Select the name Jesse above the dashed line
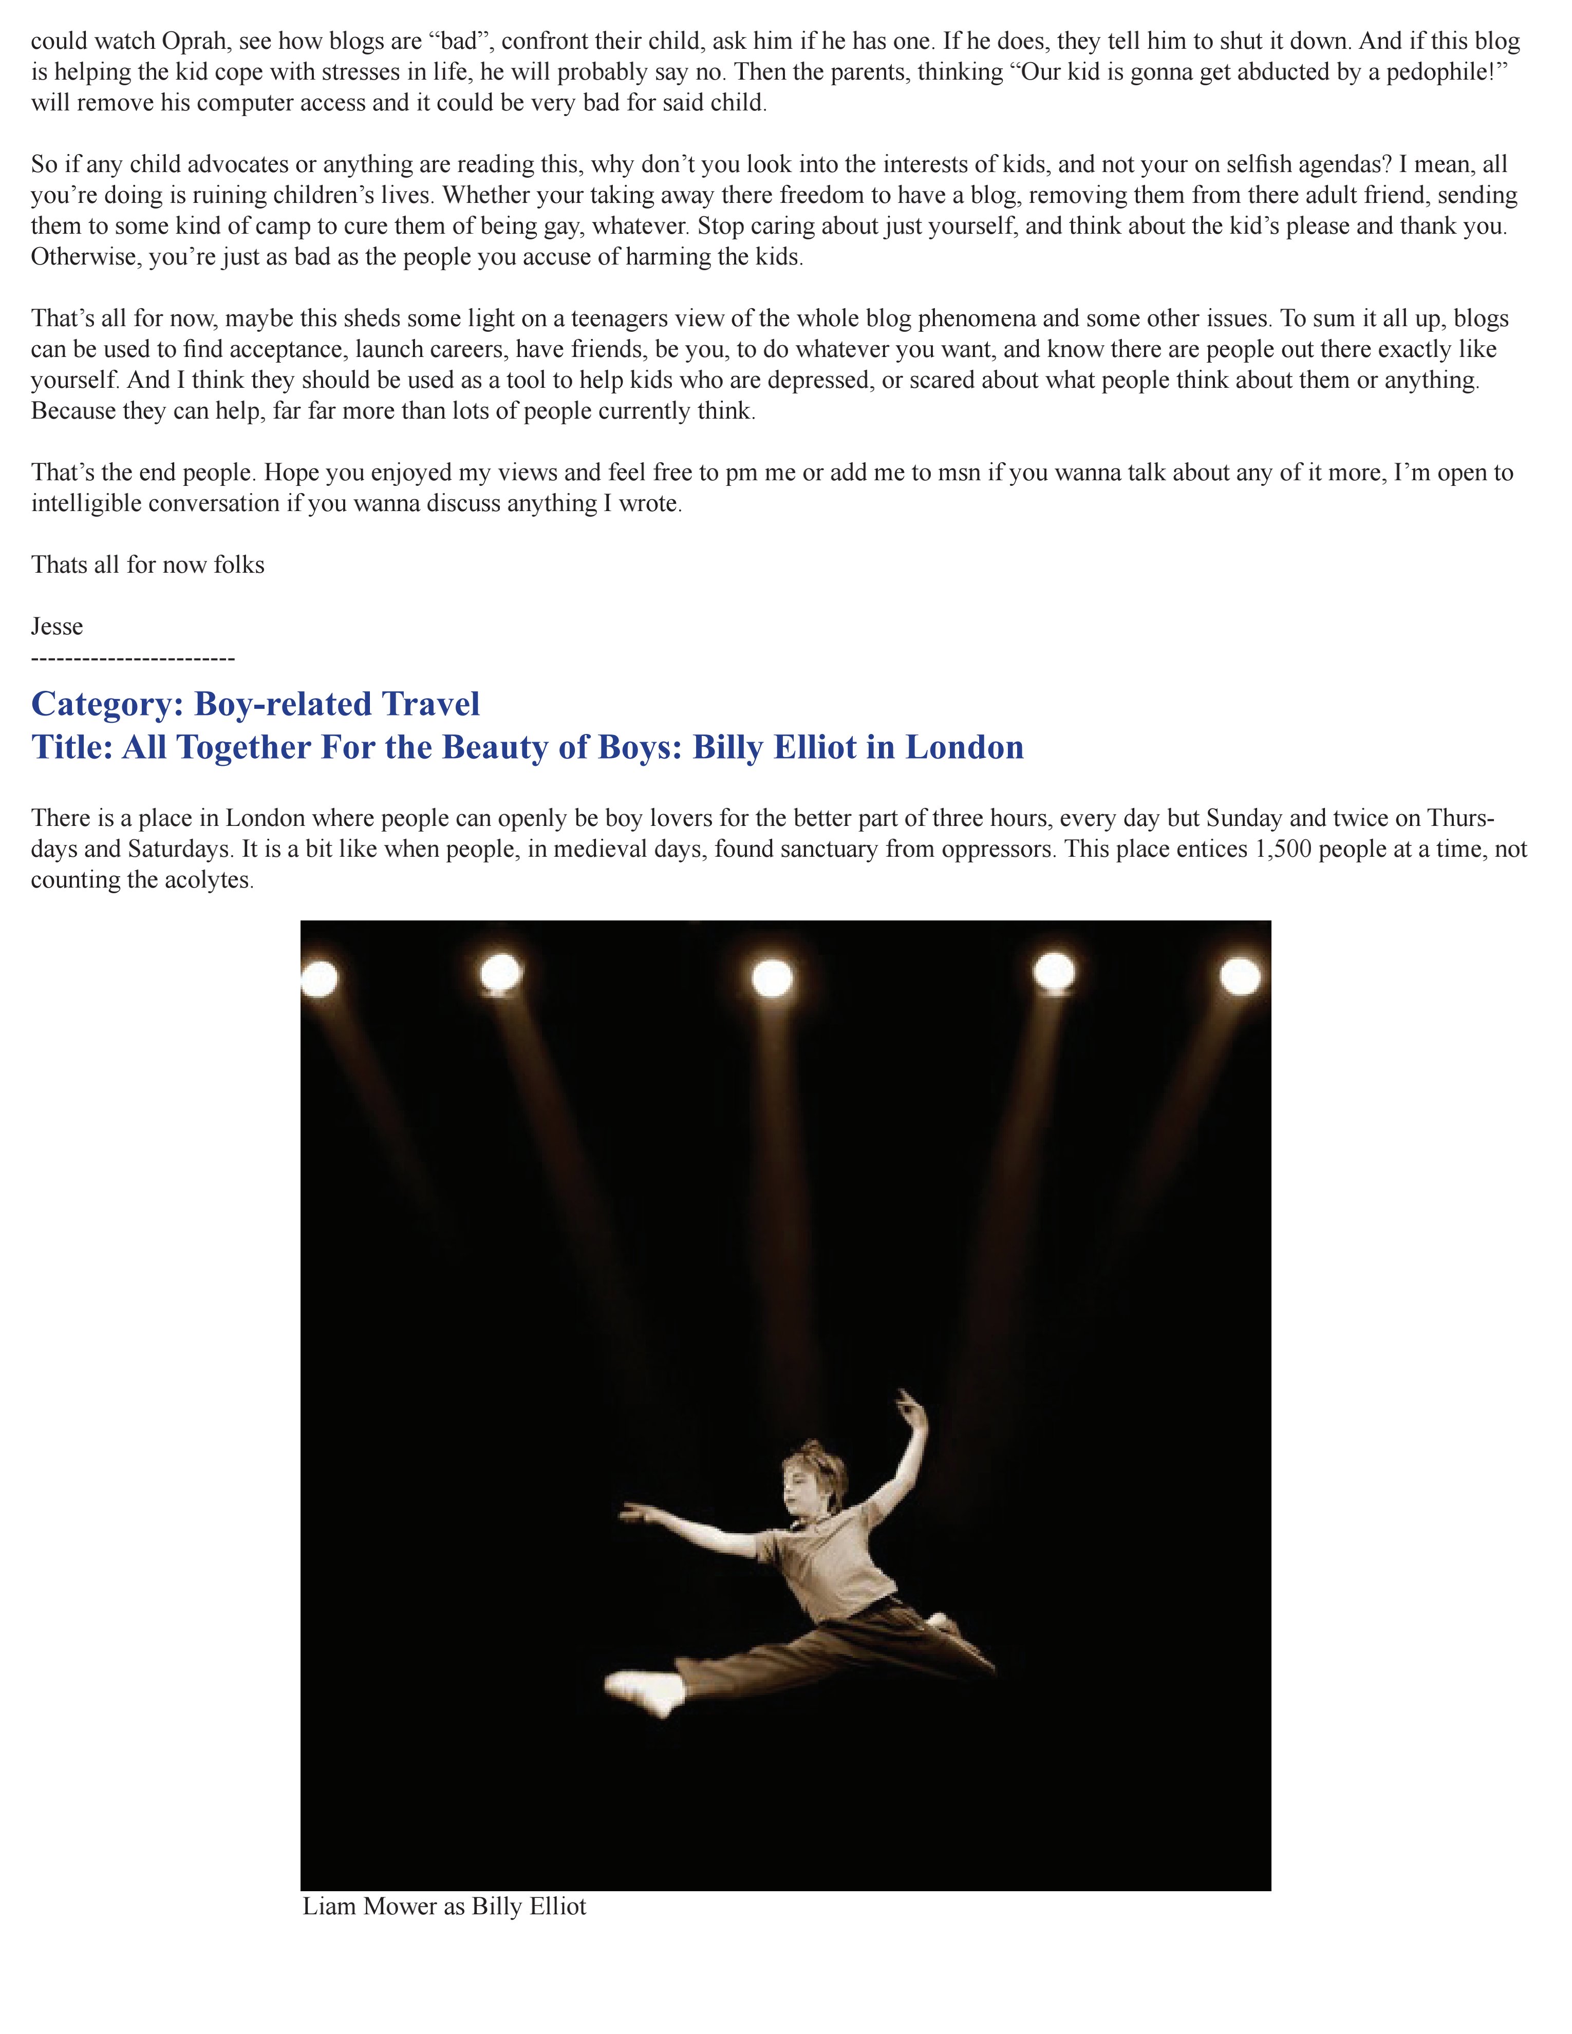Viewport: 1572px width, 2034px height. coord(57,627)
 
